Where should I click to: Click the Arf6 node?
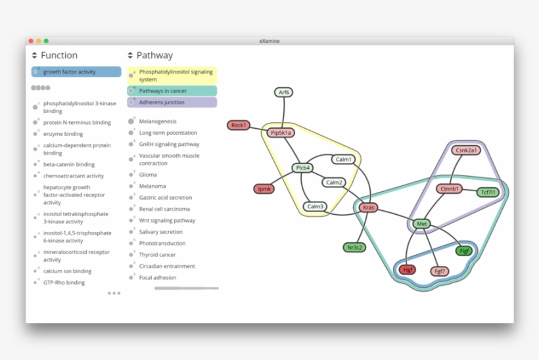point(284,93)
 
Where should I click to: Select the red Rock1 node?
point(238,125)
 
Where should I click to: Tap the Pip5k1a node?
point(281,133)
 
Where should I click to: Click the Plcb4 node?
point(302,168)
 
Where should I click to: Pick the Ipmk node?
point(264,189)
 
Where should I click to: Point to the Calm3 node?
point(316,206)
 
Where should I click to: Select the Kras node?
point(369,207)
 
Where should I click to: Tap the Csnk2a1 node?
point(466,150)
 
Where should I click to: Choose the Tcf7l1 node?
point(488,192)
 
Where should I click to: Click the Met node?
point(422,224)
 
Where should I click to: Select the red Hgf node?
point(408,269)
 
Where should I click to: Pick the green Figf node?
point(464,250)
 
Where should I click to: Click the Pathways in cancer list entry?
point(162,91)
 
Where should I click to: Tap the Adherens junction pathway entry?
point(162,102)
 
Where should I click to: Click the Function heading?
point(59,55)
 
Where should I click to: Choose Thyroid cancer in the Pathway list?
point(157,255)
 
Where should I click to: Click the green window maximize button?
point(46,41)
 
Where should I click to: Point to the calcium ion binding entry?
point(67,271)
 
